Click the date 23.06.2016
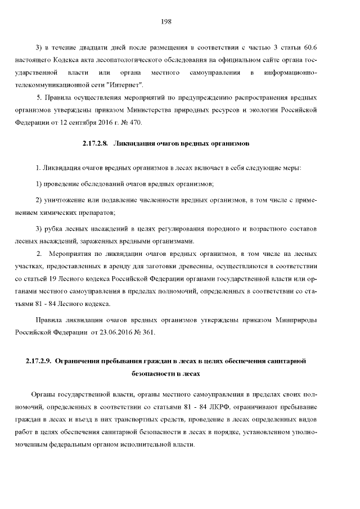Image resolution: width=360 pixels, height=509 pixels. point(110,332)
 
